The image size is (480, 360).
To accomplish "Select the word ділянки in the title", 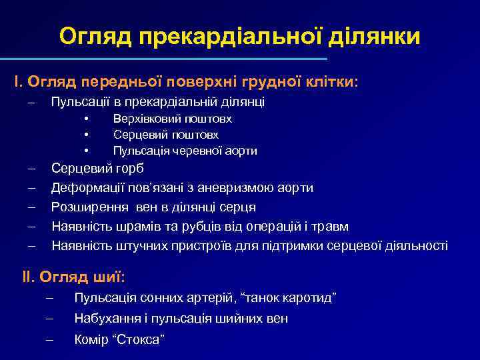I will (376, 36).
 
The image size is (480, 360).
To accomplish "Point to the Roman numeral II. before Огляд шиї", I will (31, 276).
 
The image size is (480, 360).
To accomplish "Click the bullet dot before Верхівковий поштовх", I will (87, 119).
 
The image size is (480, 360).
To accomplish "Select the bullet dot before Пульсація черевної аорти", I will (87, 151).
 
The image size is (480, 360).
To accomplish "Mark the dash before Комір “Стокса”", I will (49, 340).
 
